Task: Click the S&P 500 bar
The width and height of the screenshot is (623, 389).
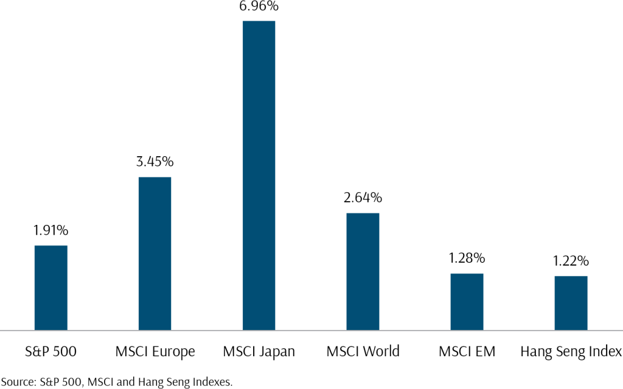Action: (50, 287)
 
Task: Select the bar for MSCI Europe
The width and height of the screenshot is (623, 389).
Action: (155, 253)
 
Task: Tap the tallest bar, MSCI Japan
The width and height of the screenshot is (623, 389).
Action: (259, 175)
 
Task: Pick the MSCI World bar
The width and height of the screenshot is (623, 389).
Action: (363, 271)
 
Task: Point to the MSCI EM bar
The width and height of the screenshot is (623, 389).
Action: (467, 301)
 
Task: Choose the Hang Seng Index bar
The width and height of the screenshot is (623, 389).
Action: (571, 303)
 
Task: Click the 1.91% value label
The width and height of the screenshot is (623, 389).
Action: (50, 230)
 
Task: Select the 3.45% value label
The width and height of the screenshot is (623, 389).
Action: (155, 162)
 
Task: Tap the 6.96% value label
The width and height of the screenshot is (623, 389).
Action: (259, 7)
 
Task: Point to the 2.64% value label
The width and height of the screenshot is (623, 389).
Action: (363, 198)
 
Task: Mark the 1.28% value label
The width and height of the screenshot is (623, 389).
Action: (467, 258)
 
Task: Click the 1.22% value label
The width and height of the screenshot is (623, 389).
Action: (571, 261)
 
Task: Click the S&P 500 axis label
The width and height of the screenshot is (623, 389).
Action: (50, 351)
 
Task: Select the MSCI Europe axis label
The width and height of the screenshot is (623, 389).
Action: (155, 351)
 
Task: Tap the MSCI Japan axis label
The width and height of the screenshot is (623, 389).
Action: (259, 351)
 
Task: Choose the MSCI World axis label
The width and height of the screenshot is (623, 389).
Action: (363, 351)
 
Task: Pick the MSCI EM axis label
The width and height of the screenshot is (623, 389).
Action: (467, 351)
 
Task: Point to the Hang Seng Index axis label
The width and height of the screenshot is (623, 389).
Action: (571, 351)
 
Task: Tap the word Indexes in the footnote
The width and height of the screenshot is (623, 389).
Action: (212, 382)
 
